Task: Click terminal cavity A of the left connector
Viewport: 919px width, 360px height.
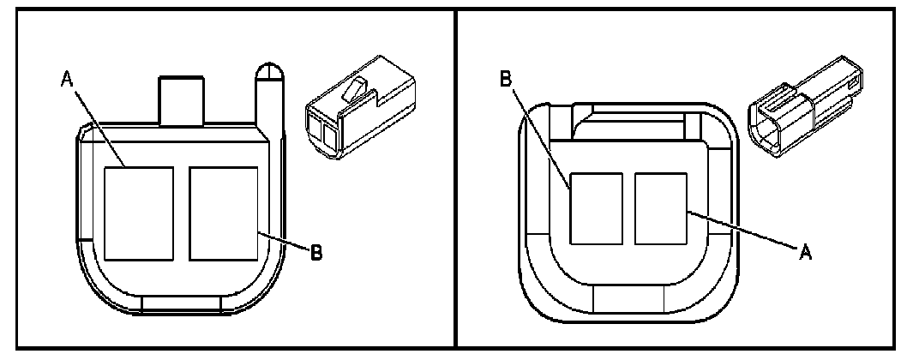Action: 138,213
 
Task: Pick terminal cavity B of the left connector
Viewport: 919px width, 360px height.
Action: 223,213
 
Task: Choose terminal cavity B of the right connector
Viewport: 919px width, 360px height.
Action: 596,207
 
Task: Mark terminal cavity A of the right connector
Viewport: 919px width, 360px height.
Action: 661,207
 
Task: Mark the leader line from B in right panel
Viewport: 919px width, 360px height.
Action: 539,137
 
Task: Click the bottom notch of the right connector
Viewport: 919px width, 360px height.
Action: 629,301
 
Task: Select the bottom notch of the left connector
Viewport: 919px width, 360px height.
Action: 182,303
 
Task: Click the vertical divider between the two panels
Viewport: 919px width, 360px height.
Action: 455,180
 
